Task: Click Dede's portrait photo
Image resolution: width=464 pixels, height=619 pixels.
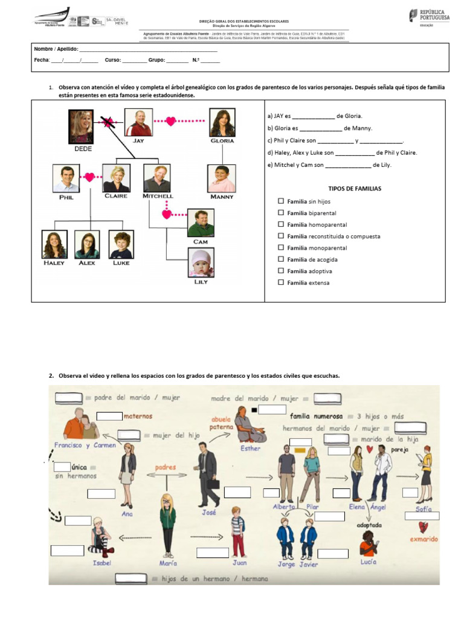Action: pos(81,125)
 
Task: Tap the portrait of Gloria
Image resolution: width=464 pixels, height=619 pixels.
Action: pos(222,123)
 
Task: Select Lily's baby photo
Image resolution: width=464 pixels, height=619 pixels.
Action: pos(201,263)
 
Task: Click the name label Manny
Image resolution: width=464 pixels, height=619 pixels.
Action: pos(222,196)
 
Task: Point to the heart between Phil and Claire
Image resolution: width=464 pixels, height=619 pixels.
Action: pos(90,178)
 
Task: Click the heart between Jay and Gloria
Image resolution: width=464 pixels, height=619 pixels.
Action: pos(171,122)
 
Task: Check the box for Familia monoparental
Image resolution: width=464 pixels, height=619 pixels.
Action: pos(280,248)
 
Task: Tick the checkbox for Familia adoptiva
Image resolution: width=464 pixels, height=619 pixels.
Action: pos(280,271)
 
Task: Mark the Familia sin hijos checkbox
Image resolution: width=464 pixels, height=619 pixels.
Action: pos(280,201)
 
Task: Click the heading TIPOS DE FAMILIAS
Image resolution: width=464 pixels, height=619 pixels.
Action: pos(355,189)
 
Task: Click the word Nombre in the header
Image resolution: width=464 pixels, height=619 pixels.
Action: pos(44,48)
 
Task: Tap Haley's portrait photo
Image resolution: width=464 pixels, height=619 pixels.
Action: pos(54,244)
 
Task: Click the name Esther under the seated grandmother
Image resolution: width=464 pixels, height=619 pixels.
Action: pos(250,449)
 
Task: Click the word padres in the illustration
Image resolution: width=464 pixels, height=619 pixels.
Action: pos(165,468)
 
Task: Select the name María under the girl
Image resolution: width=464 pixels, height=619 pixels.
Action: pos(168,563)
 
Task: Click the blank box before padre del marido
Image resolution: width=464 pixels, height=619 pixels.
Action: pos(68,398)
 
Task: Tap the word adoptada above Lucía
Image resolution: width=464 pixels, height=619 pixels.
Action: pos(369,525)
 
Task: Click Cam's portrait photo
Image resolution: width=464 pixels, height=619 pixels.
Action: pos(201,222)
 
